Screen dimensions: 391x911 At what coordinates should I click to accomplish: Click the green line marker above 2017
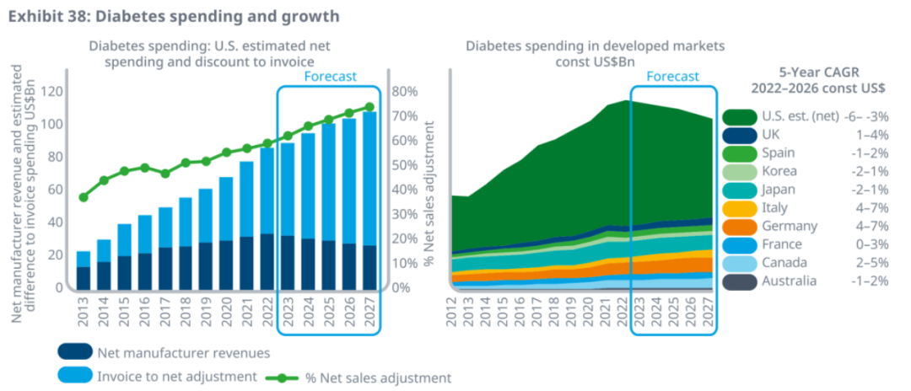pyautogui.click(x=165, y=174)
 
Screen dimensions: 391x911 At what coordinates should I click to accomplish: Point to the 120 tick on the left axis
pyautogui.click(x=52, y=91)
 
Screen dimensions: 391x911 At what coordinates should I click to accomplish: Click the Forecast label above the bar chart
pyautogui.click(x=330, y=77)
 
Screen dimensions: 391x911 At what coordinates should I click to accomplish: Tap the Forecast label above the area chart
pyautogui.click(x=672, y=77)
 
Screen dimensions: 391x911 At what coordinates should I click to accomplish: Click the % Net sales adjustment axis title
pyautogui.click(x=431, y=194)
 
